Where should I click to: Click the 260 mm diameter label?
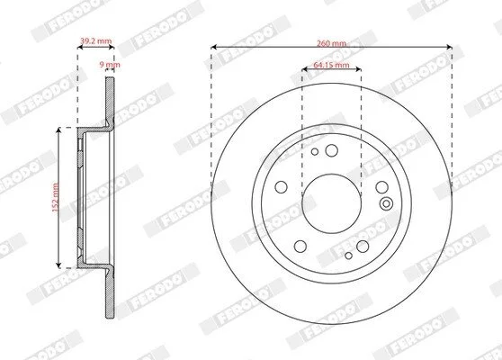[x=331, y=43]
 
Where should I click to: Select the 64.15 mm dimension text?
[x=331, y=65]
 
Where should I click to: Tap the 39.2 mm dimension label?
[x=95, y=40]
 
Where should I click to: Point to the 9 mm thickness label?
[x=110, y=65]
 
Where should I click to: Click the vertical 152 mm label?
[x=56, y=197]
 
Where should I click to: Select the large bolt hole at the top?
[x=332, y=150]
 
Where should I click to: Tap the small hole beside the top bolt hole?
[x=315, y=151]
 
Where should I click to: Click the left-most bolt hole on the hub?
[x=281, y=187]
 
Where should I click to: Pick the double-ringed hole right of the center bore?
[x=387, y=203]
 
